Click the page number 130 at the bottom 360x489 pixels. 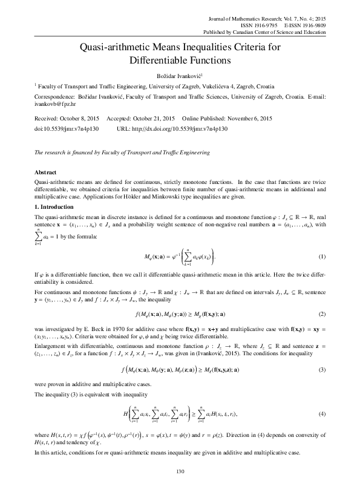(x=180, y=471)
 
